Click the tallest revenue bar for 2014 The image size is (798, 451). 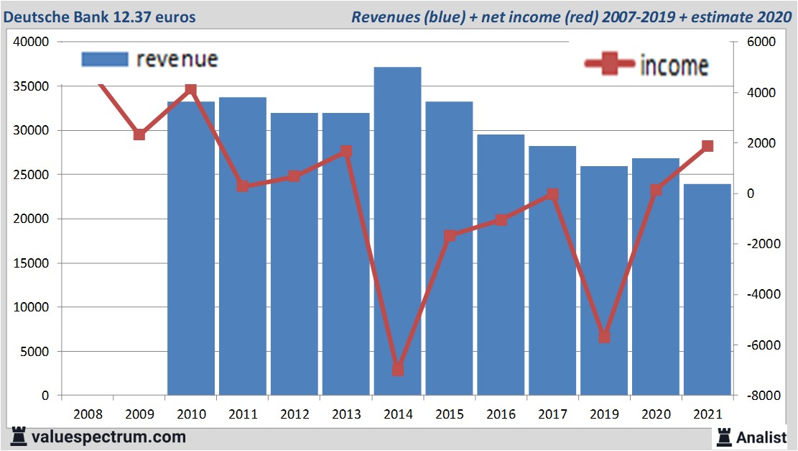[x=397, y=230]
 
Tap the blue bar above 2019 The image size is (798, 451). [x=604, y=281]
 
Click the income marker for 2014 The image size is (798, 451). [x=398, y=370]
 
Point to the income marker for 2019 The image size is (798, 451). [x=604, y=337]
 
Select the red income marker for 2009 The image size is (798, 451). [x=139, y=135]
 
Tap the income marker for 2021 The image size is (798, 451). [x=707, y=146]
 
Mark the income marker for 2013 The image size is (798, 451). [x=346, y=151]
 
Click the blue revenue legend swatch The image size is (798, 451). [x=105, y=59]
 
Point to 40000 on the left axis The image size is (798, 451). [x=31, y=42]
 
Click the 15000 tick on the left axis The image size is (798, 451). [x=31, y=263]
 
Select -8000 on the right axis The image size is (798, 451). [x=759, y=396]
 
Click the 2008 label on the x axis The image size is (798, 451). [x=88, y=414]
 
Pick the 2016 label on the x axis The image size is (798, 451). [x=501, y=414]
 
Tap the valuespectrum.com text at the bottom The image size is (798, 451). [x=108, y=437]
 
